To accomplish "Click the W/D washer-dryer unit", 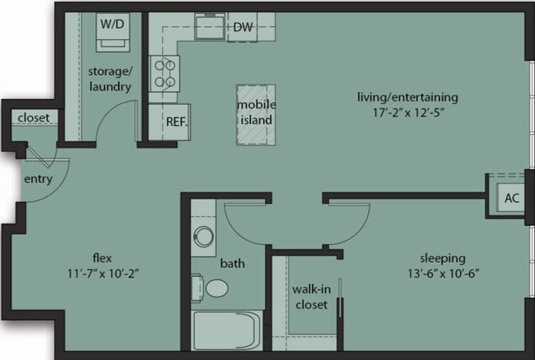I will pos(111,32).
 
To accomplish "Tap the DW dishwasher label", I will pos(243,28).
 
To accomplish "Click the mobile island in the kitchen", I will pos(257,114).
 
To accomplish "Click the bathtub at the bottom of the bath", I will pos(227,330).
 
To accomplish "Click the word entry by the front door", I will pos(38,179).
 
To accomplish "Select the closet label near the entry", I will pos(33,118).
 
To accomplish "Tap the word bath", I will pos(232,263).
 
